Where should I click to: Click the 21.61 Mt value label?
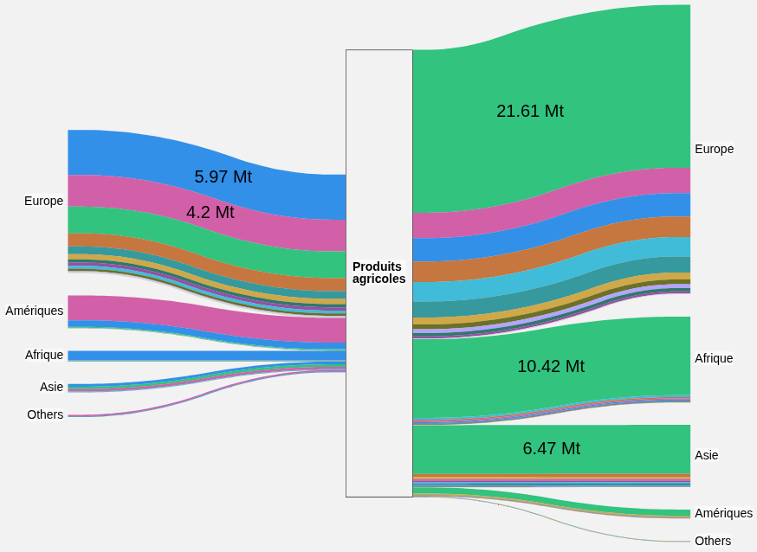coord(530,112)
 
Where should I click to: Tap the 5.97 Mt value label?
coord(223,177)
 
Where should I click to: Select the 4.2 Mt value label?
coord(210,213)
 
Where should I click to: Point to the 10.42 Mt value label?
coord(551,366)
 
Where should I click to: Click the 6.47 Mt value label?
coord(552,448)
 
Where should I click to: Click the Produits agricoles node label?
coord(379,273)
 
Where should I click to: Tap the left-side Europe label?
coord(44,201)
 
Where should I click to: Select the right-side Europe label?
coord(714,149)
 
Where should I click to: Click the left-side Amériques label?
coord(35,311)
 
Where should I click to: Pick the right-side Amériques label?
coord(724,513)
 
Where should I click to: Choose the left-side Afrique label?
coord(44,356)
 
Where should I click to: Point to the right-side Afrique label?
coord(714,358)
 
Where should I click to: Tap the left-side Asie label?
coord(52,387)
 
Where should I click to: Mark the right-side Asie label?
coord(706,455)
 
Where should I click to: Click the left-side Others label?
coord(45,414)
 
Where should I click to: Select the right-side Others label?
coord(713,541)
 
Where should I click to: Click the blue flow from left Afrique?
coord(207,356)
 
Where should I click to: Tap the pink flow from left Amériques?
coord(207,319)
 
